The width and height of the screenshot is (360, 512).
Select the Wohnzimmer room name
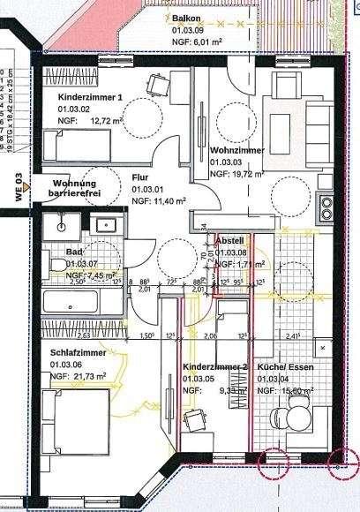click(x=234, y=152)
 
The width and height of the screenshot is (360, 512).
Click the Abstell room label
click(x=229, y=240)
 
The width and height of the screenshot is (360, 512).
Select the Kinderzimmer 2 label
click(x=214, y=366)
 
